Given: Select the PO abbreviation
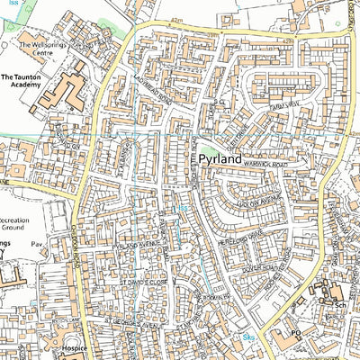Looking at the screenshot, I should tap(294, 333).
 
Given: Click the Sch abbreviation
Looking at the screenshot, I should tap(341, 305).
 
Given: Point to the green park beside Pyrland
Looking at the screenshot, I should tap(208, 152).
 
